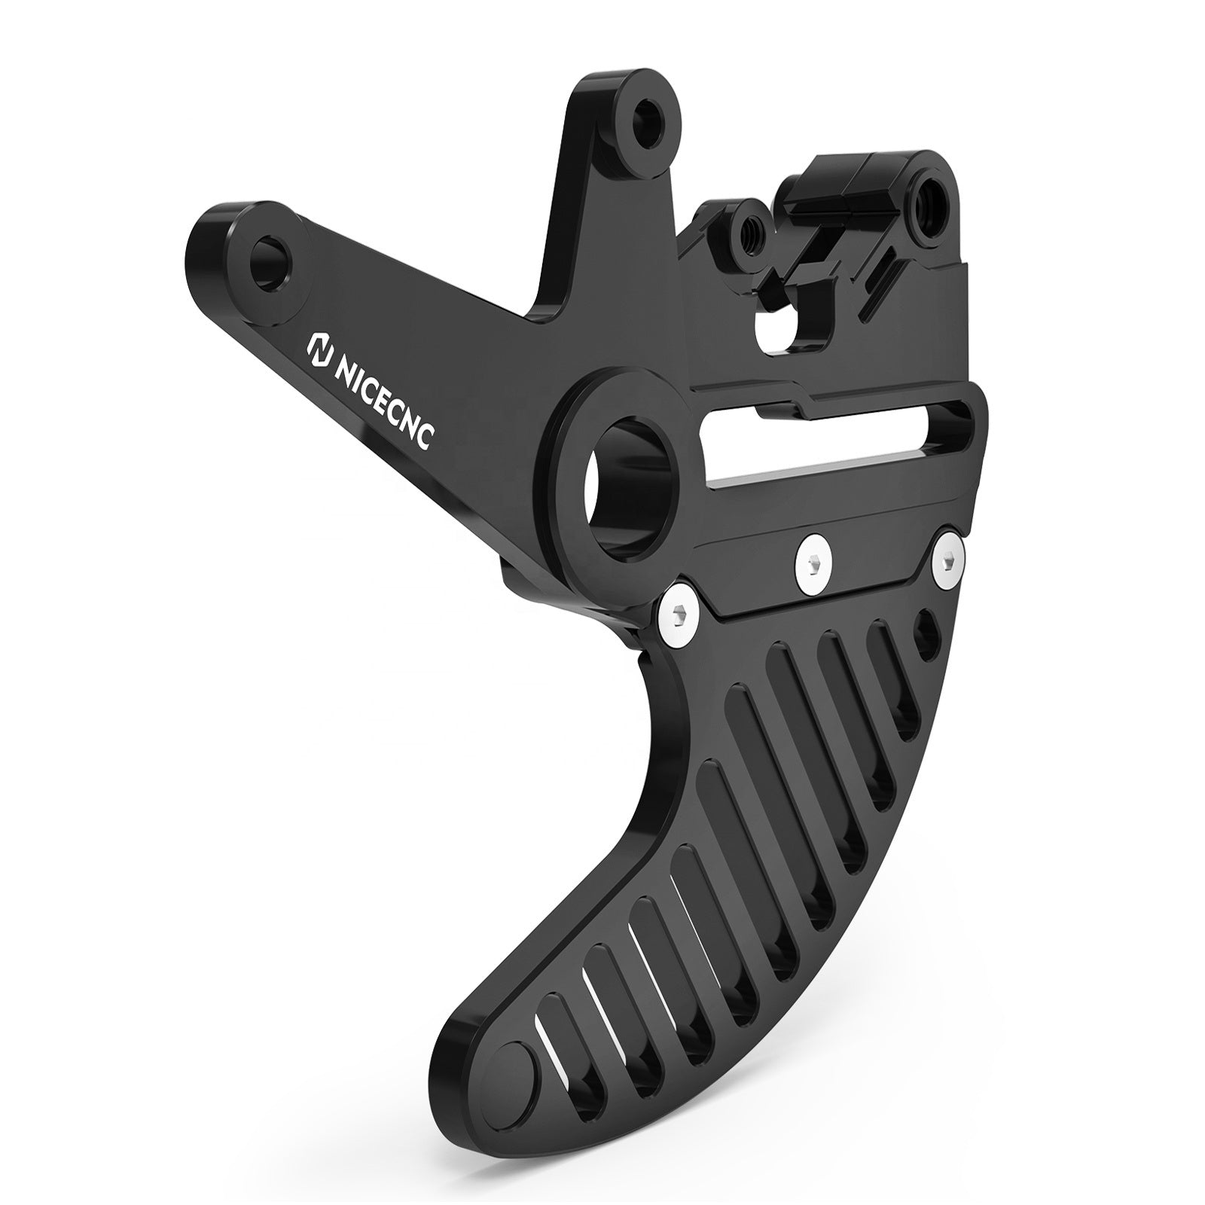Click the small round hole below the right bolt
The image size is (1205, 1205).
click(x=928, y=627)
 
